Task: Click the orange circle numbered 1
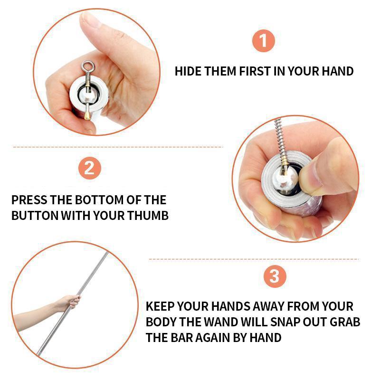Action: [x=264, y=40]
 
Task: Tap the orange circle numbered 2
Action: [x=90, y=168]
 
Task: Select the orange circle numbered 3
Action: [x=275, y=276]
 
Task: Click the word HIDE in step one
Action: [x=188, y=72]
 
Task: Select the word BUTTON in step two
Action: [x=35, y=216]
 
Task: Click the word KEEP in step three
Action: [x=160, y=306]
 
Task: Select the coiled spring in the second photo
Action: [x=280, y=141]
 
